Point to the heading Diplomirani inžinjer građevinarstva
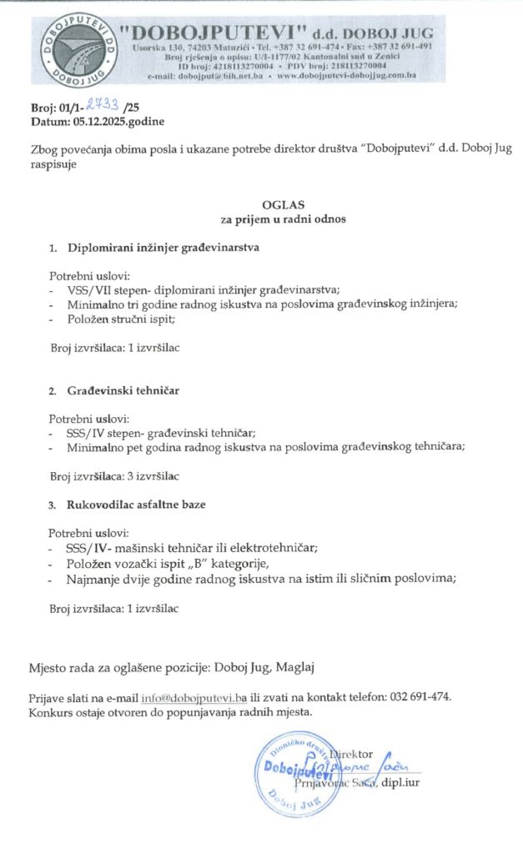(164, 248)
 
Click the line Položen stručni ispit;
(121, 319)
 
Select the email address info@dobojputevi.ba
(194, 697)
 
